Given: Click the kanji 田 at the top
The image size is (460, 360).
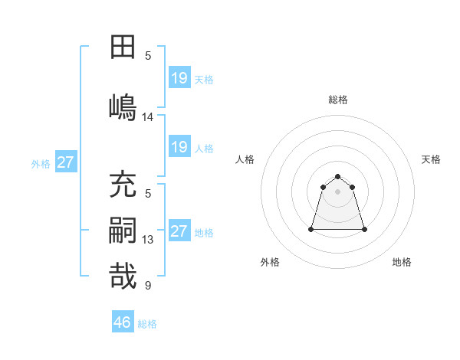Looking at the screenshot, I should [x=123, y=47].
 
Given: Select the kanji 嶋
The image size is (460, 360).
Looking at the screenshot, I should [x=123, y=106].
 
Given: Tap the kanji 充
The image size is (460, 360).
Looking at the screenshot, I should [x=123, y=185].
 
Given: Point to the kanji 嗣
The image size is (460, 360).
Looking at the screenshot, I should [x=123, y=230].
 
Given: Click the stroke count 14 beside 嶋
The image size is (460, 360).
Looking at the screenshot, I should [x=148, y=117].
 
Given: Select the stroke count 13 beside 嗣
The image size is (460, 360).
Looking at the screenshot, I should [x=148, y=240].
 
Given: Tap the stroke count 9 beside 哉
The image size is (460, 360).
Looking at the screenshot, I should [x=148, y=286].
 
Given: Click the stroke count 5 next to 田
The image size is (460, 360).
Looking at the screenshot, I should [x=148, y=55].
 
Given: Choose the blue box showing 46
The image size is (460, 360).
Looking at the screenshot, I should [x=123, y=322].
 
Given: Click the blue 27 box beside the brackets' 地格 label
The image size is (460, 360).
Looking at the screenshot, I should [x=179, y=231].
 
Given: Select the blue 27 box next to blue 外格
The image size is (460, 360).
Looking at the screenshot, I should [x=65, y=162].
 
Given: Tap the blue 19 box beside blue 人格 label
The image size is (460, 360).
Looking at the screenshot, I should [x=179, y=147].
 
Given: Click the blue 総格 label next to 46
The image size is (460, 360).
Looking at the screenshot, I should [x=147, y=324].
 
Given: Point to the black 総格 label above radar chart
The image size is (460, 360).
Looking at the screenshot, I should [x=338, y=100].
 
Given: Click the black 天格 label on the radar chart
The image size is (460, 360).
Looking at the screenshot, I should [x=432, y=159].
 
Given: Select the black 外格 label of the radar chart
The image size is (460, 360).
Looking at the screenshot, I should [x=270, y=262].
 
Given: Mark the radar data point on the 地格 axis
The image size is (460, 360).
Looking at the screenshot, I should [x=364, y=229].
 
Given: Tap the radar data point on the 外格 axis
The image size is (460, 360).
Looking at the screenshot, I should [x=312, y=229].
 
